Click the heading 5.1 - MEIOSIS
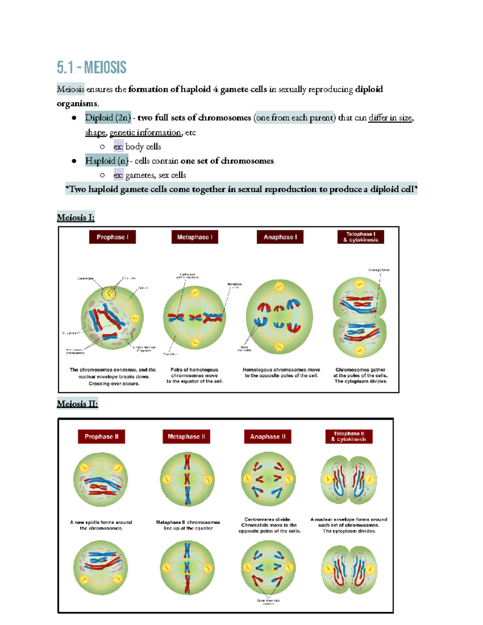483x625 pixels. pyautogui.click(x=91, y=68)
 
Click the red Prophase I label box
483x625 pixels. pyautogui.click(x=112, y=237)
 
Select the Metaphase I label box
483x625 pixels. pyautogui.click(x=195, y=237)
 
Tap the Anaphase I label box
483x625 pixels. pyautogui.click(x=280, y=237)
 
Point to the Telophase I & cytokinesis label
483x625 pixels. pyautogui.click(x=361, y=237)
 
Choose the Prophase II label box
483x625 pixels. pyautogui.click(x=101, y=437)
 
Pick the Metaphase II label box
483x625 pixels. pyautogui.click(x=186, y=437)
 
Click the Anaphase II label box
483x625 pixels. pyautogui.click(x=268, y=437)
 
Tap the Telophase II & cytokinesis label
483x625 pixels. pyautogui.click(x=349, y=437)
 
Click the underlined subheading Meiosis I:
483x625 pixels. pyautogui.click(x=76, y=218)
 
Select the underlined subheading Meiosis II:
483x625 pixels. pyautogui.click(x=77, y=404)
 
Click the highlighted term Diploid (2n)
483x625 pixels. pyautogui.click(x=108, y=118)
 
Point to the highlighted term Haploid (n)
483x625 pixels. pyautogui.click(x=107, y=161)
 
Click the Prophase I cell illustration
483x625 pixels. pyautogui.click(x=112, y=318)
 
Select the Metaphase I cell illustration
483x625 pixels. pyautogui.click(x=194, y=317)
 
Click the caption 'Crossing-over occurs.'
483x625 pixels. pyautogui.click(x=114, y=384)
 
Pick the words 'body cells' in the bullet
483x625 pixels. pyautogui.click(x=143, y=147)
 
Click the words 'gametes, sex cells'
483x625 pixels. pyautogui.click(x=155, y=175)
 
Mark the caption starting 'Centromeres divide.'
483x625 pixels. pyautogui.click(x=268, y=520)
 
